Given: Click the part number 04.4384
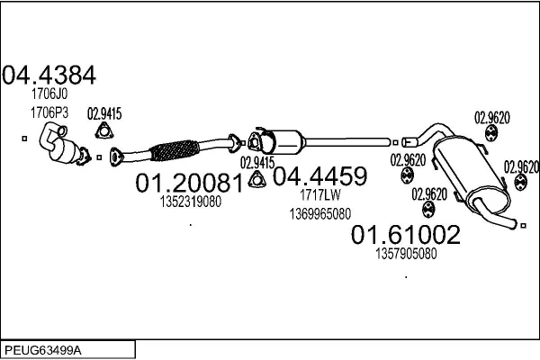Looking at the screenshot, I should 49,75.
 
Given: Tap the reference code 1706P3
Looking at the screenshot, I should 49,112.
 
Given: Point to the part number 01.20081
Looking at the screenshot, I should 189,184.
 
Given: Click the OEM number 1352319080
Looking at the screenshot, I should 191,202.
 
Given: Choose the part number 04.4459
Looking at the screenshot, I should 319,175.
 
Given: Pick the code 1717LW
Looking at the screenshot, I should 319,194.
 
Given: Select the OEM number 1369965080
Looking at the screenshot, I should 320,213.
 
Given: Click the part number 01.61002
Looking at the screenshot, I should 404,236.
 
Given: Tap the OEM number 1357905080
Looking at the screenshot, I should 405,254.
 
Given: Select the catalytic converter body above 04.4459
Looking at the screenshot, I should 287,141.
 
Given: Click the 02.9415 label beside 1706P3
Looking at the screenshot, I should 103,114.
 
